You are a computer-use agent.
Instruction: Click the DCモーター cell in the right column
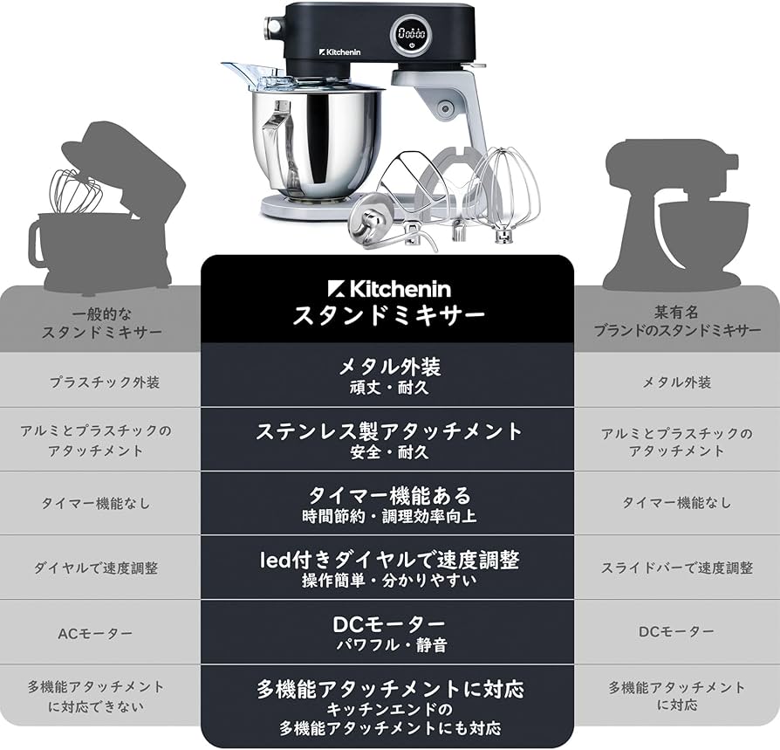677,630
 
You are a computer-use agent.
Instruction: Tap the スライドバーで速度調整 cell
677,568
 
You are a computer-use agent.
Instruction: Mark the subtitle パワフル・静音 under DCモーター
388,647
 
